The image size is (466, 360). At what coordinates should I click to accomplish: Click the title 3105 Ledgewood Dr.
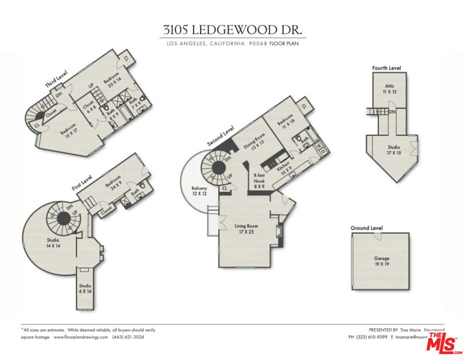[232, 29]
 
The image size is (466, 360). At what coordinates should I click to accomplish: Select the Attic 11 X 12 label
[389, 89]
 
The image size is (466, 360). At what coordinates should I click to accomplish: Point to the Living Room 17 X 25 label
[246, 229]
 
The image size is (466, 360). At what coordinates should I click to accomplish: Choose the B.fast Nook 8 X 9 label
[259, 180]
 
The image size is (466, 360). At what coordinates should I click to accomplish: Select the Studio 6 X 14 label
[85, 288]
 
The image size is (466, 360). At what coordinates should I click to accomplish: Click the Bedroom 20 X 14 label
[112, 83]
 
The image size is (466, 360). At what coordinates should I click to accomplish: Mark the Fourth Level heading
[386, 68]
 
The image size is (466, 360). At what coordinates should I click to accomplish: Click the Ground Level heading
[366, 228]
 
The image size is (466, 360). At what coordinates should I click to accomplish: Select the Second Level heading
[221, 136]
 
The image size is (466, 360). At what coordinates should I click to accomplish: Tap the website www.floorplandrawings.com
[80, 337]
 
